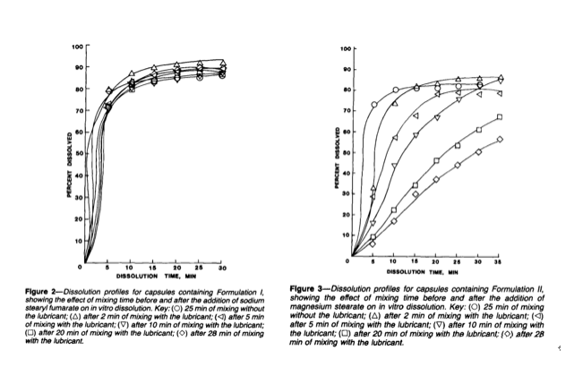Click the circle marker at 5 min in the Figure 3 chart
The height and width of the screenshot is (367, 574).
coord(374,106)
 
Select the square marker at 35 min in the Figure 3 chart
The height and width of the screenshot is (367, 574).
coord(499,117)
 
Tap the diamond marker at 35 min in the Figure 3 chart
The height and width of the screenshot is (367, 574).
coord(499,139)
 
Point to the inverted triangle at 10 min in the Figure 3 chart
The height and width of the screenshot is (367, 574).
coord(395,166)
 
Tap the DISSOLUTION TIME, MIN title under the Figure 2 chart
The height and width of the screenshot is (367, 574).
coord(154,276)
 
